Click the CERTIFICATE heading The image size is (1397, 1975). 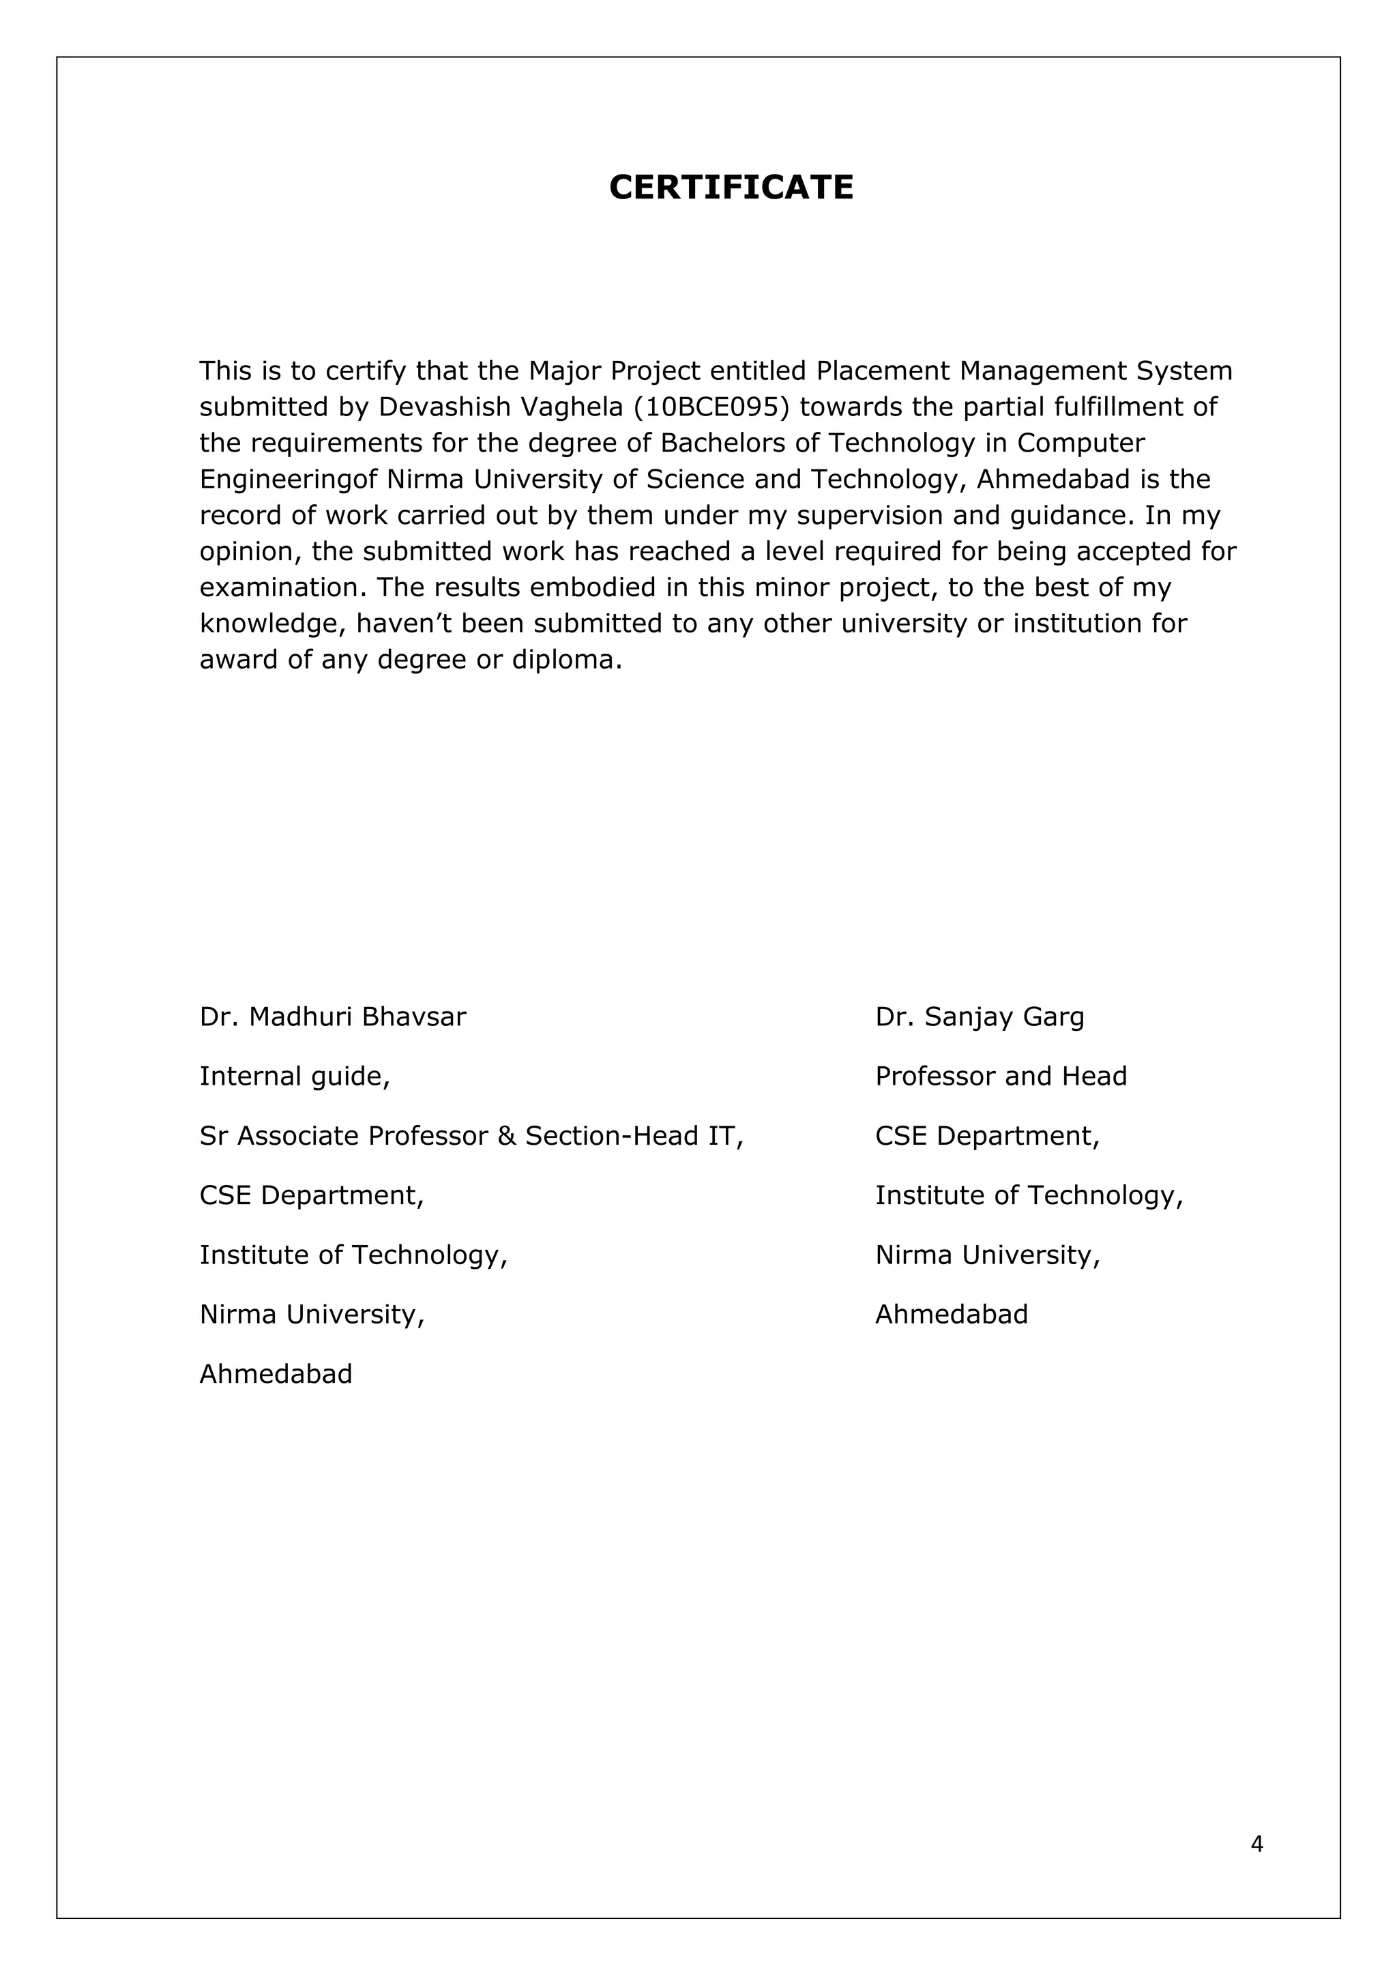point(731,188)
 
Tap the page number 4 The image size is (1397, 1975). point(1256,1843)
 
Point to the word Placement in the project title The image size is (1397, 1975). point(883,370)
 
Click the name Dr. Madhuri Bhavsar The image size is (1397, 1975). point(332,1016)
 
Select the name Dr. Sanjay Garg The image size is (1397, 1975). point(979,1016)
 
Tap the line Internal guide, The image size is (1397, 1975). point(294,1076)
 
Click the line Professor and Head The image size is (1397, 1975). point(1001,1076)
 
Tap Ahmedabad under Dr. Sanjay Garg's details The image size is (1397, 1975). point(952,1315)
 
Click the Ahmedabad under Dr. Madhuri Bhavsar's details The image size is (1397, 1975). point(276,1374)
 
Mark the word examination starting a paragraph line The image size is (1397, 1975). point(283,587)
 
